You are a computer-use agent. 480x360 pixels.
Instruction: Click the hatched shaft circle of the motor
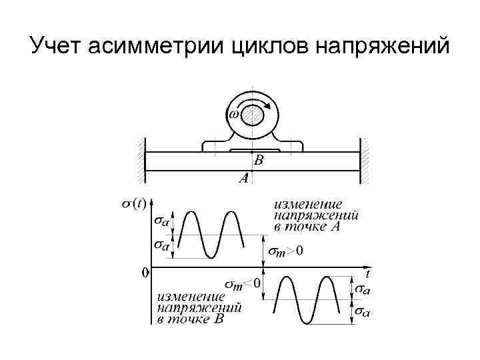point(253,117)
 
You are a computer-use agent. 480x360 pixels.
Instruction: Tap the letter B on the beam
point(259,160)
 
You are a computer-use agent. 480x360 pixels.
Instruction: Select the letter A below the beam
point(244,179)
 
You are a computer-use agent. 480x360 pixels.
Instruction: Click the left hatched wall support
point(141,160)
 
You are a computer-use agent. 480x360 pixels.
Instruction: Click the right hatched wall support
point(365,160)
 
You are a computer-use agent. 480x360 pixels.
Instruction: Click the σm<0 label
point(243,285)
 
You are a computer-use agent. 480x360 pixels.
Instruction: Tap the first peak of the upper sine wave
point(190,212)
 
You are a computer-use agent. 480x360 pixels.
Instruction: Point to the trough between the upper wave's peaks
point(209,258)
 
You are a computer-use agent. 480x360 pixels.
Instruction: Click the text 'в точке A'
point(307,227)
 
